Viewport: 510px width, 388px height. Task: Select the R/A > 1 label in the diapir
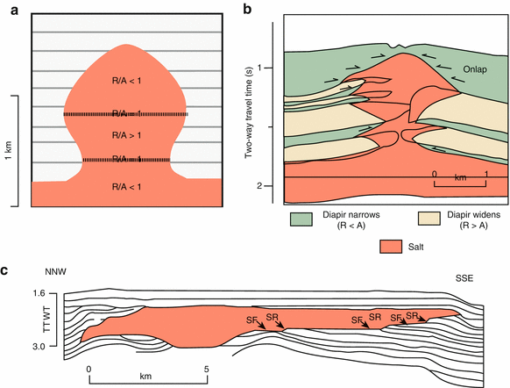[x=125, y=136]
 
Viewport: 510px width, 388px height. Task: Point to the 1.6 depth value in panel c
[x=39, y=293]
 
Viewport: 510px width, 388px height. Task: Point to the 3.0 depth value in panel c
[x=39, y=348]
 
